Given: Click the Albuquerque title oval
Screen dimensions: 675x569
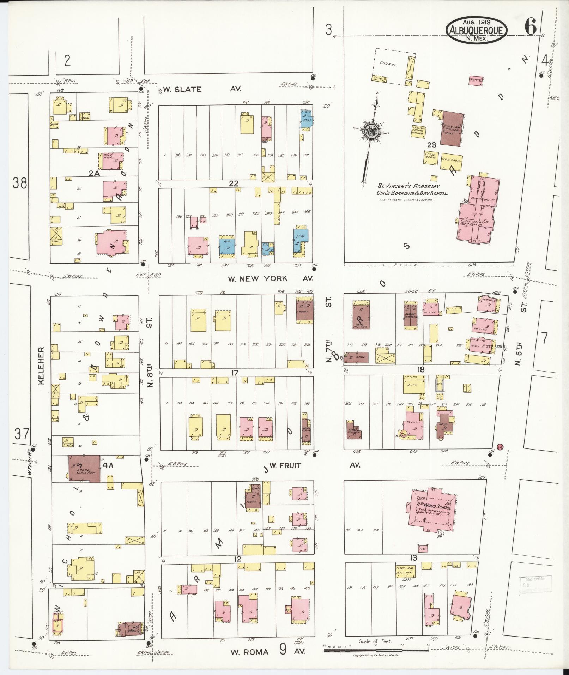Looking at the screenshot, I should [477, 30].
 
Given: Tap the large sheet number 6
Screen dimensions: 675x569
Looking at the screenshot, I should [530, 26].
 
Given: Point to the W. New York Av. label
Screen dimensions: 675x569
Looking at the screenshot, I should [270, 278].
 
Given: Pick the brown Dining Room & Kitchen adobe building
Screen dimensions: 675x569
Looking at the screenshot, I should [453, 129].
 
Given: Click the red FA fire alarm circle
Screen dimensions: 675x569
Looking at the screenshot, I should [500, 447].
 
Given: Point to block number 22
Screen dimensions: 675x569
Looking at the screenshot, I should [234, 183].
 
